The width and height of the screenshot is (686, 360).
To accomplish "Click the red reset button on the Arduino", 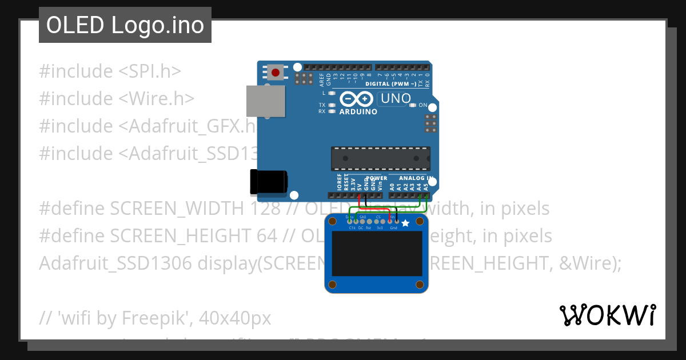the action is coord(276,73).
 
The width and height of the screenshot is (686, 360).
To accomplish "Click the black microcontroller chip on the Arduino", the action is coord(380,158).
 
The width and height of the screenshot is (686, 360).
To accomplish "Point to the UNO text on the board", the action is coord(396,98).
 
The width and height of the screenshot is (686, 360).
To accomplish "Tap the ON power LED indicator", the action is coord(413,105).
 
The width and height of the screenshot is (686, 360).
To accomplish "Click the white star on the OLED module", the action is coord(405,223).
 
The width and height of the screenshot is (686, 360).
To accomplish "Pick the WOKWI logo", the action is coord(607,315).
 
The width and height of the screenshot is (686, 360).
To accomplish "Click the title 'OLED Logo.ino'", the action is coord(125,25).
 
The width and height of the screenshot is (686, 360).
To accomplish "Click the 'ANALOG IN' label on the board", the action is coord(413,178).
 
